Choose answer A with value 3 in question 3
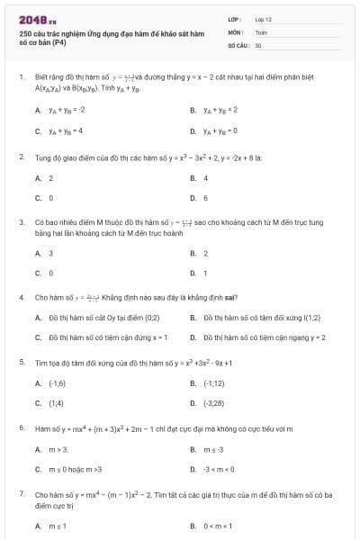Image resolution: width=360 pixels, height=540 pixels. [x=49, y=253]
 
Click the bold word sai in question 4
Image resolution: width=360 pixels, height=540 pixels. [x=233, y=296]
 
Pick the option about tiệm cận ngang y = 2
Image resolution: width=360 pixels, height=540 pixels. [x=249, y=337]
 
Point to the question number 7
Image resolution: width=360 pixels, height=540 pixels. [x=21, y=494]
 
